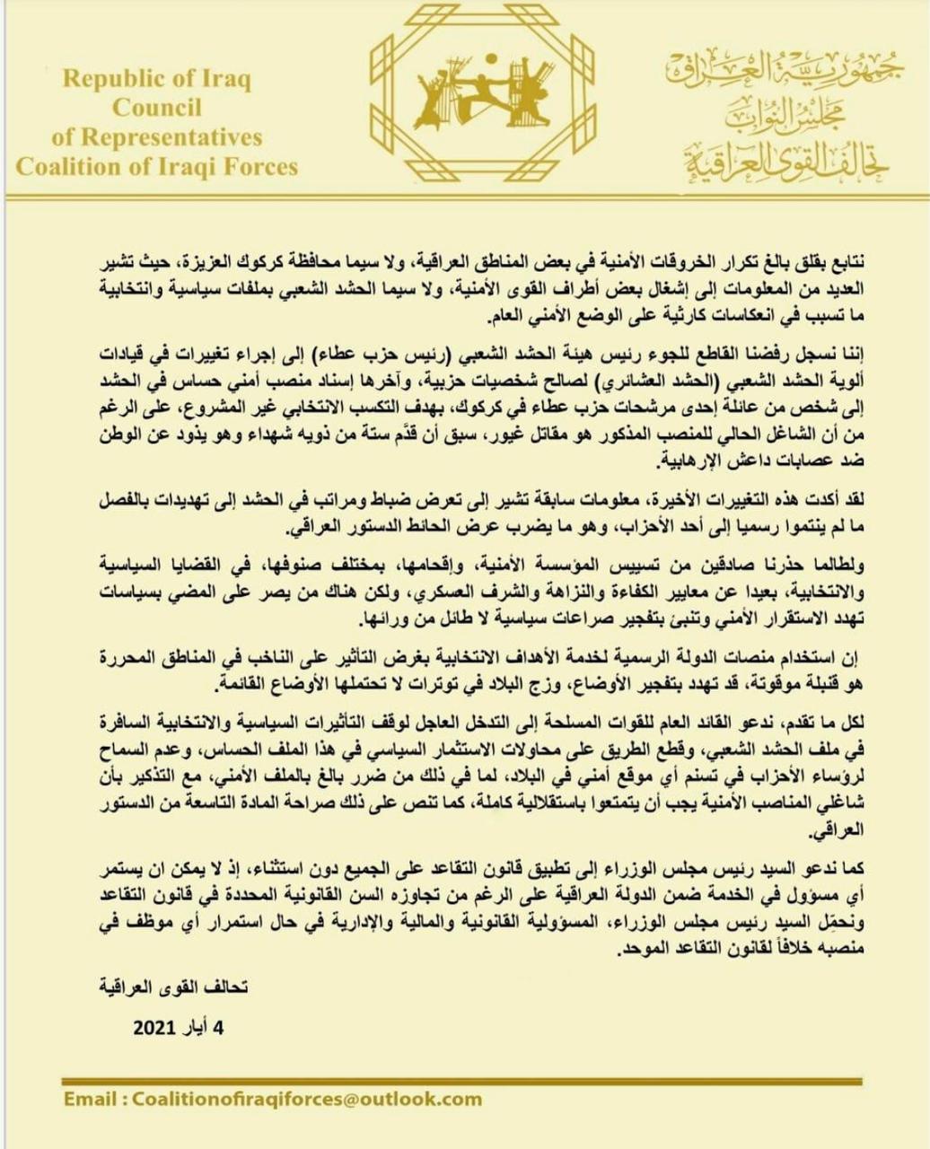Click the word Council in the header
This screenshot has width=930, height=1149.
click(156, 108)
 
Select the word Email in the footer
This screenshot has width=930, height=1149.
click(91, 1098)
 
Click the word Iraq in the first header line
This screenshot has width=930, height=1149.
click(226, 79)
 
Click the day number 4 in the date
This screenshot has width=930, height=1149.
click(219, 1028)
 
